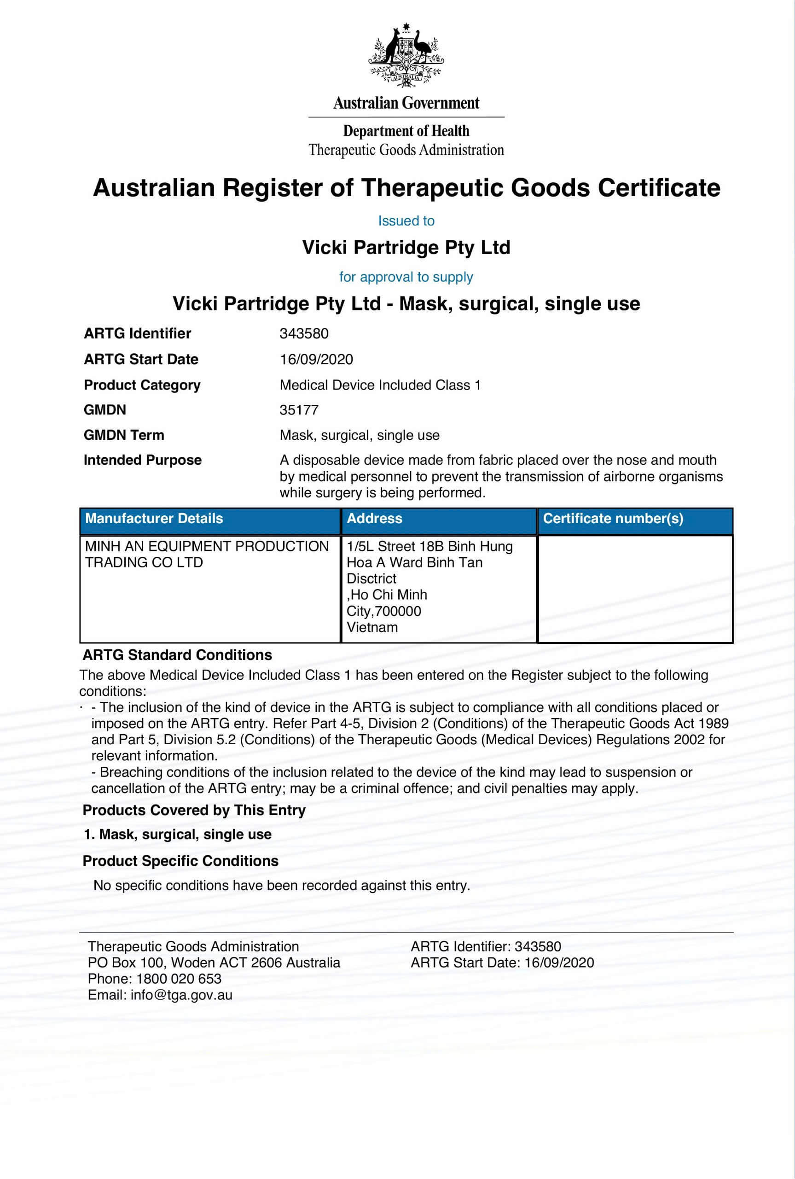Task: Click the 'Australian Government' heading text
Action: pos(406,104)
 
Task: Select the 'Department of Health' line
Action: pos(406,131)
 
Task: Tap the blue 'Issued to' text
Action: pos(406,221)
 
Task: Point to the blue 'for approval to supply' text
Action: pos(406,277)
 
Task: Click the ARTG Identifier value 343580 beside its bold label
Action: pos(304,334)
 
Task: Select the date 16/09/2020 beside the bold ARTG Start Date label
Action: pos(316,360)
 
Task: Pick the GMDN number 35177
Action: pos(299,410)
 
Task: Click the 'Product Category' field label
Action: pos(142,385)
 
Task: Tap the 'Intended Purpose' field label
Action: pos(142,461)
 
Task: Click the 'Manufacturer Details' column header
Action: pos(154,519)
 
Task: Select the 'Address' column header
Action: pos(374,519)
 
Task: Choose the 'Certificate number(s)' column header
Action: pos(613,519)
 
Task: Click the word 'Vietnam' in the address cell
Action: pos(371,627)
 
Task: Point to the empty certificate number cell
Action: pos(635,588)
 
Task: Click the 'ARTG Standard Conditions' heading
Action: pos(177,655)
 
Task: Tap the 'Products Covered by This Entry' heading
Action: pos(194,811)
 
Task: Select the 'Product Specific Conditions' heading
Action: pos(180,861)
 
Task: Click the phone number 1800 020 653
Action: pos(179,979)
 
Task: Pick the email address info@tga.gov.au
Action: pos(181,995)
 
